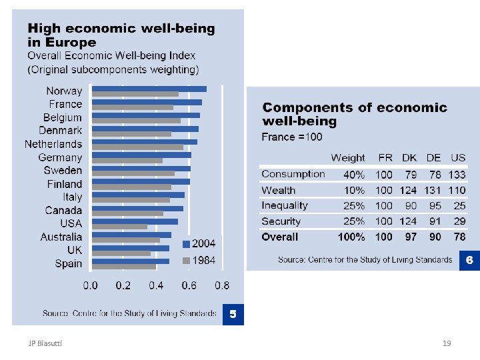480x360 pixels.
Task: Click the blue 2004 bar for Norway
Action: pos(149,89)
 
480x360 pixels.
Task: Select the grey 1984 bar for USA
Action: pos(120,227)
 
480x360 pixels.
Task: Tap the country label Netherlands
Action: pos(53,144)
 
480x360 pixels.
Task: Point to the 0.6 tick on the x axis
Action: pos(189,286)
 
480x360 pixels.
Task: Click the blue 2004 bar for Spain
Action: pos(131,261)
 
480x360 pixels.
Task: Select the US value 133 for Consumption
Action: pos(457,175)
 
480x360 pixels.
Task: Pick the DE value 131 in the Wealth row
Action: pos(433,191)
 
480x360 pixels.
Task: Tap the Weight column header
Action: pos(348,158)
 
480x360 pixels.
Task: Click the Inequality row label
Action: pos(285,205)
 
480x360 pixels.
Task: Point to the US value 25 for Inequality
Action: pos(460,206)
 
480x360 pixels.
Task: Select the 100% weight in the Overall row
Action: pos(351,237)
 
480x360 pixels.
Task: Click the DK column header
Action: pos(409,158)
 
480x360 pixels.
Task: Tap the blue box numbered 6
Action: pos(469,260)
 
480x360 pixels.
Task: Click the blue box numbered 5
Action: pos(233,313)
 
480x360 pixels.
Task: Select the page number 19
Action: pos(447,343)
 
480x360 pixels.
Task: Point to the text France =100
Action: pos(292,137)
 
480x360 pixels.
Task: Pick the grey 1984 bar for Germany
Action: pos(127,161)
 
